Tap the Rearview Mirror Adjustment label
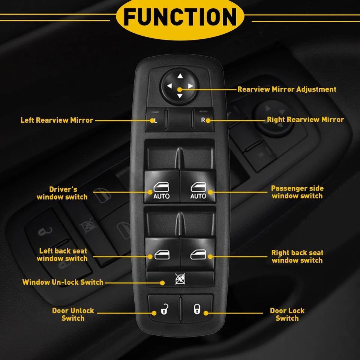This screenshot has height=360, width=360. [x=287, y=89]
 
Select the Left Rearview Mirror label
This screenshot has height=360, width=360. [x=57, y=120]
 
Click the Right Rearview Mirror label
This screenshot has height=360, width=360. [x=305, y=120]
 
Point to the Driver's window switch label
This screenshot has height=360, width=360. [x=62, y=193]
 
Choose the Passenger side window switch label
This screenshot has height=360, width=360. [x=297, y=192]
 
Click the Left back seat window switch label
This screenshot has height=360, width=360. [x=62, y=255]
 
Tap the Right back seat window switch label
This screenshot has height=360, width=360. [x=297, y=256]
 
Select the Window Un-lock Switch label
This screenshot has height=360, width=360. [x=63, y=282]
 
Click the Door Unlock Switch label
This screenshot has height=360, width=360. [x=73, y=314]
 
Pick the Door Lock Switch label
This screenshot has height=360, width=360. [x=287, y=314]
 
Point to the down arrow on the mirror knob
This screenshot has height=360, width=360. [x=180, y=96]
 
